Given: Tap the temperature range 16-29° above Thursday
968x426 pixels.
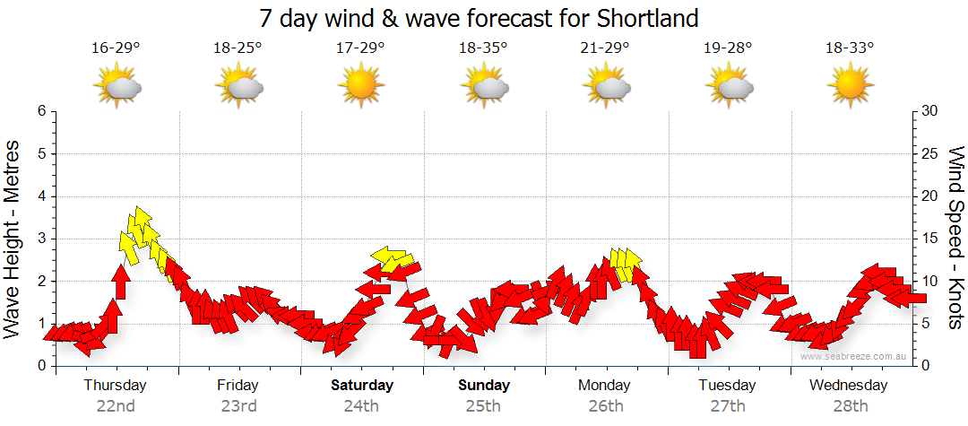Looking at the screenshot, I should (116, 48).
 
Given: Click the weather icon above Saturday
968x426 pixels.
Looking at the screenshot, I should (361, 86).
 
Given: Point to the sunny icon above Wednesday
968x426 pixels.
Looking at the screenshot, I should (851, 86).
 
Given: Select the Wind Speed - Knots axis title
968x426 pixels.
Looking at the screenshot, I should (954, 238).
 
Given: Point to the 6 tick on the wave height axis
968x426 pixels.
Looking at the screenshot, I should (41, 111).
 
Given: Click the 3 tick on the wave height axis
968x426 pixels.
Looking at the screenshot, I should (41, 239).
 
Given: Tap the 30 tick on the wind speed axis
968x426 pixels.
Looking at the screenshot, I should (930, 111).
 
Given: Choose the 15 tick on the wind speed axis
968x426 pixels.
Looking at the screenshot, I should (930, 239).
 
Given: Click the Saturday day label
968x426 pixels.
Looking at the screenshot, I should (362, 386).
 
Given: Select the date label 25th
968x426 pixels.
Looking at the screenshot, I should (483, 405).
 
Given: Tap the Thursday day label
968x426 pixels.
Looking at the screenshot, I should (116, 386).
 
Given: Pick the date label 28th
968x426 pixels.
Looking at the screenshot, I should (850, 405).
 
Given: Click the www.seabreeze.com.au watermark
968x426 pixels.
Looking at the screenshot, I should (854, 356).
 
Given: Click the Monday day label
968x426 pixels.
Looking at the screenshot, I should (605, 386).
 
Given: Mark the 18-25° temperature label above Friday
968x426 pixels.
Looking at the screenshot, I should (238, 48).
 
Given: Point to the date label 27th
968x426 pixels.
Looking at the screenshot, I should (727, 405).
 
